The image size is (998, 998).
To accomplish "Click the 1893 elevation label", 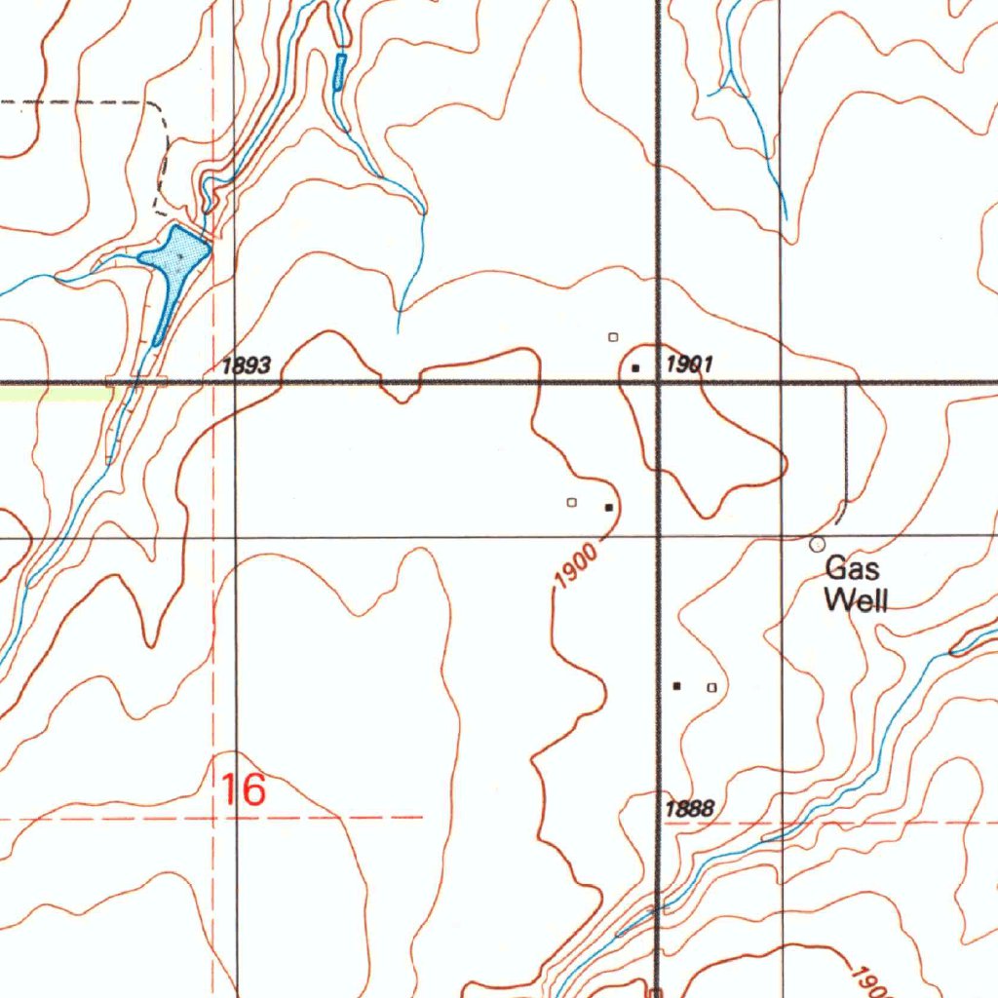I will click(246, 366).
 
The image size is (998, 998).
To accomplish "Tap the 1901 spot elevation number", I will click(689, 365).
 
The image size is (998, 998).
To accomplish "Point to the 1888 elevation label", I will click(690, 809).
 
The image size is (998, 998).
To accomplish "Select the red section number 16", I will click(243, 789).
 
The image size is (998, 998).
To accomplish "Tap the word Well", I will click(856, 600).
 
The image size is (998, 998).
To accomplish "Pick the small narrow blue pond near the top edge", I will click(339, 72).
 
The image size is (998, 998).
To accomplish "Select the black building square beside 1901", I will click(635, 368).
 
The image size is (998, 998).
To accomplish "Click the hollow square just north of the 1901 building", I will click(613, 337).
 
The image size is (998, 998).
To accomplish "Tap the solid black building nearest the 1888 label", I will click(677, 686).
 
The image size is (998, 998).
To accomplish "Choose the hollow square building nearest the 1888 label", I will click(711, 687).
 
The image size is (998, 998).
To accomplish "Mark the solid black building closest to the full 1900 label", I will click(608, 507).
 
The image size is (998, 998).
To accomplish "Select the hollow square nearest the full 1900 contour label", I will click(572, 503).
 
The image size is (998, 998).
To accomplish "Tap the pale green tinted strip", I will click(54, 393).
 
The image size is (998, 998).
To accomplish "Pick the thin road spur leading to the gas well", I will click(846, 448).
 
